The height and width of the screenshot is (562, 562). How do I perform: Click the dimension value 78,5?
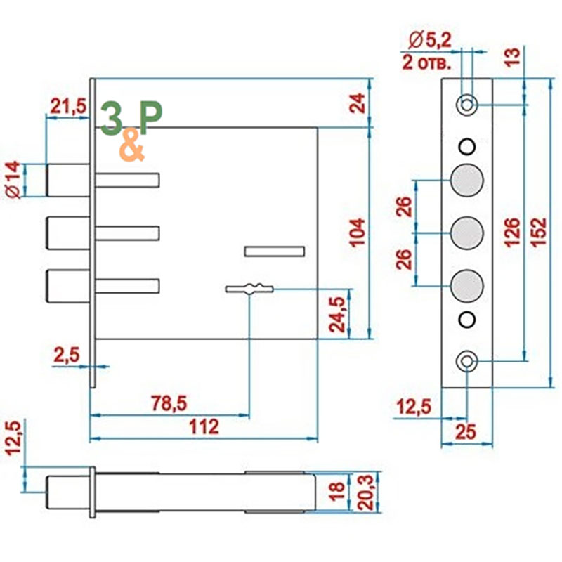pos(169,403)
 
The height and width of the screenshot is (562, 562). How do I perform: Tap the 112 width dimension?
pos(204,426)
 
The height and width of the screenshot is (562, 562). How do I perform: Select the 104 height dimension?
pos(358,233)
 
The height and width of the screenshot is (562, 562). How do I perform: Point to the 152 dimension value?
pos(539,233)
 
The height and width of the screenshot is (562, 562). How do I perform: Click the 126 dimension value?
pos(512,233)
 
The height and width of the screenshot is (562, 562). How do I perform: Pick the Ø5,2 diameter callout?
pos(429,40)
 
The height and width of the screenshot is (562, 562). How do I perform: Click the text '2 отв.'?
pos(426,63)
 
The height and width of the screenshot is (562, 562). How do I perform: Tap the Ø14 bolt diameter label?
pos(13,180)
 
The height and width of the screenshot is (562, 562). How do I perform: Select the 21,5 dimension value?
pos(68,106)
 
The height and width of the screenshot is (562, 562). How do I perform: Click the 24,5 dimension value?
pos(337,314)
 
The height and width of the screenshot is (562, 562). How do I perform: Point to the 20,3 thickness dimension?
pos(366,492)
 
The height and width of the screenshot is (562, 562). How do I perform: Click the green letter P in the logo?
pos(150,117)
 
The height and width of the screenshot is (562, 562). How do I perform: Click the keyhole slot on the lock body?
pos(249,289)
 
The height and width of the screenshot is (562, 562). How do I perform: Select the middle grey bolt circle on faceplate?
pos(467,233)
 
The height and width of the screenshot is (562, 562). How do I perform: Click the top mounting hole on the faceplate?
pos(466,105)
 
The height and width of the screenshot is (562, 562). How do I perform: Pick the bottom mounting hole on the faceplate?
pos(466,361)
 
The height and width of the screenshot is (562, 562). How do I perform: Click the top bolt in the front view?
pos(68,180)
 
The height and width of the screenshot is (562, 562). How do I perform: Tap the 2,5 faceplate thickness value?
pos(67,355)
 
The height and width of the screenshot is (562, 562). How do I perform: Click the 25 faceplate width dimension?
pos(466,432)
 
